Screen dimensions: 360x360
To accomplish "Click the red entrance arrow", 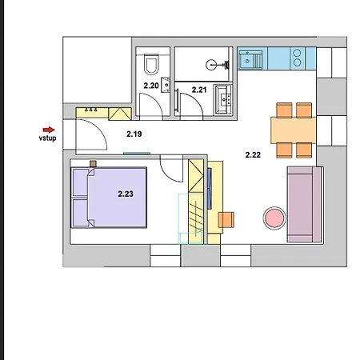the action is click(49, 130).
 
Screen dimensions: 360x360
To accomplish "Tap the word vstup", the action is click(47, 138).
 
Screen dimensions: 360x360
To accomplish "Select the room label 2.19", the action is click(134, 134).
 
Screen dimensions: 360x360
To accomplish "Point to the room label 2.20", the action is click(151, 86).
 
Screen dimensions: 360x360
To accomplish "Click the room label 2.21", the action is click(199, 90).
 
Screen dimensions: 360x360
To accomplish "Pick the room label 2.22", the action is click(253, 154).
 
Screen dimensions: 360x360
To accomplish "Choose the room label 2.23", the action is click(126, 194).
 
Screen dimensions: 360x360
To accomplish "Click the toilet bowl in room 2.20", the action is click(151, 64).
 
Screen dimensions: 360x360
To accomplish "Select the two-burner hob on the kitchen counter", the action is click(297, 58).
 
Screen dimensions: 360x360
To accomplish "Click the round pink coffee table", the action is click(274, 218).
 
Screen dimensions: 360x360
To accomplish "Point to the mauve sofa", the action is click(304, 204).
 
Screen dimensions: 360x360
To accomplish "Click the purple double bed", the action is click(109, 198).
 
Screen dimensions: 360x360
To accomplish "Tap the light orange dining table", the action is click(294, 130).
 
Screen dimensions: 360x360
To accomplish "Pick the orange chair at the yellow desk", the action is click(226, 220).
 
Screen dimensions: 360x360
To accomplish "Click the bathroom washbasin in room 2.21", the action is click(223, 99).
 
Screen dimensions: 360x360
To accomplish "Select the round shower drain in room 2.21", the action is click(211, 65).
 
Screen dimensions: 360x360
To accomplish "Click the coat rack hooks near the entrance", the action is click(90, 110).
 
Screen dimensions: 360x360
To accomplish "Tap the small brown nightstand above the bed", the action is click(93, 163).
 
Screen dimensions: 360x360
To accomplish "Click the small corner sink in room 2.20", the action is click(166, 85).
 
